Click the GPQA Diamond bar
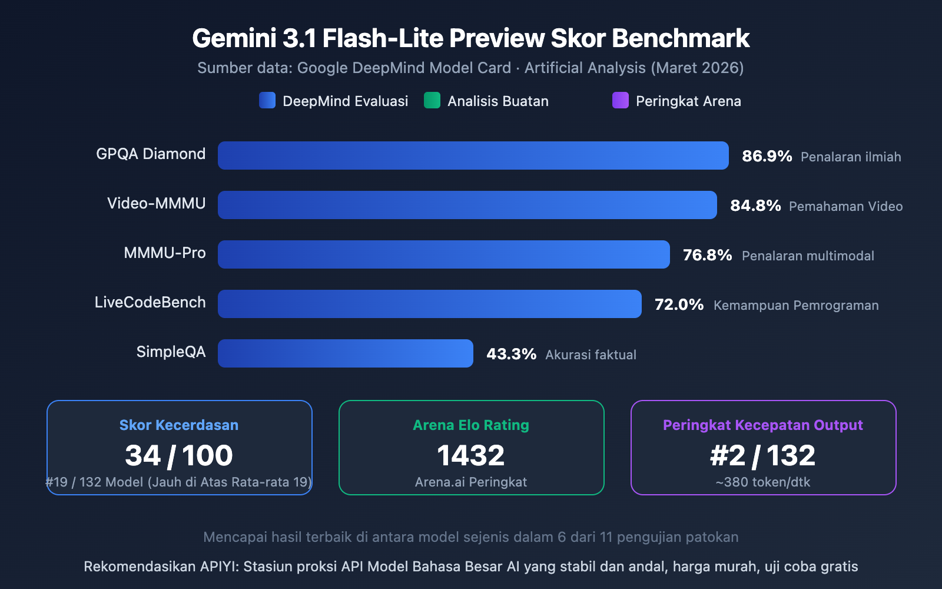473,155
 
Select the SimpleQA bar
345,353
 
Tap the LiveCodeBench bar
429,304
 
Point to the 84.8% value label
755,206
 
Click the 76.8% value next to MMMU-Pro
707,255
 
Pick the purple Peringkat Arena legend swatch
621,101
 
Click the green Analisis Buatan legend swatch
432,101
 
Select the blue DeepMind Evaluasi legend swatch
267,101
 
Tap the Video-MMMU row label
156,204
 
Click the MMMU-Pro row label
165,253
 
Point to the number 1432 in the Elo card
471,455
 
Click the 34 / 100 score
179,455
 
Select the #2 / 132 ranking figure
763,455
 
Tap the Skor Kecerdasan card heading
179,425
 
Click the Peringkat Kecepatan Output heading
763,425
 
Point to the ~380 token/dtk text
763,482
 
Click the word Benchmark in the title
680,39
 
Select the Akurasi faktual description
591,355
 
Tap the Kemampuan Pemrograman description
796,305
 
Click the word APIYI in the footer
218,567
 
